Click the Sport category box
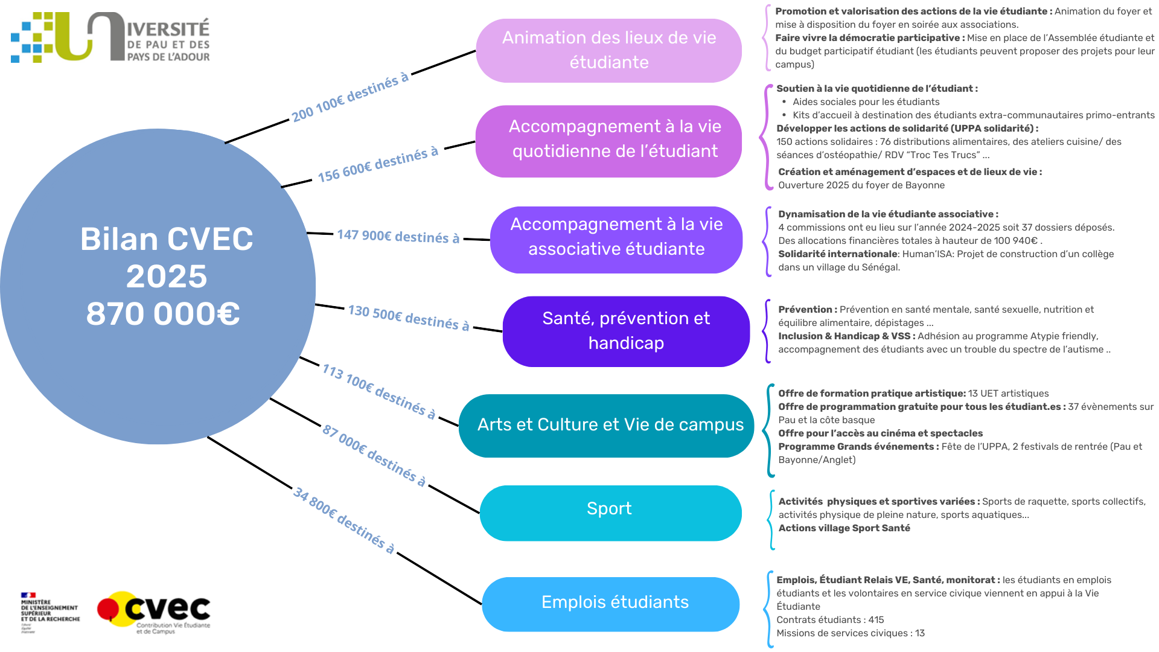(x=610, y=513)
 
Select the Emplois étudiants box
(x=610, y=604)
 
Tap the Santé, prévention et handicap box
(x=626, y=331)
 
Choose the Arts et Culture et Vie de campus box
(x=606, y=426)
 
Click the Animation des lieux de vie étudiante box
(x=608, y=51)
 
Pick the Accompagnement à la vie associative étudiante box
(x=616, y=239)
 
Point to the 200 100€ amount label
(x=350, y=98)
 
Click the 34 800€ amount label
(x=343, y=520)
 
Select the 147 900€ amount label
(x=398, y=236)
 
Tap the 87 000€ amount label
(x=374, y=456)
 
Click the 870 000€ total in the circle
(x=163, y=314)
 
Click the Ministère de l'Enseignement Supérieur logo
(x=49, y=612)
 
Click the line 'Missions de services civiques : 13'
(x=850, y=633)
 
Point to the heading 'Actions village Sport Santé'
(x=844, y=528)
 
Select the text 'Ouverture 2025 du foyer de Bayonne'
(x=861, y=185)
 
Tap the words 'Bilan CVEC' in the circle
(x=167, y=239)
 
